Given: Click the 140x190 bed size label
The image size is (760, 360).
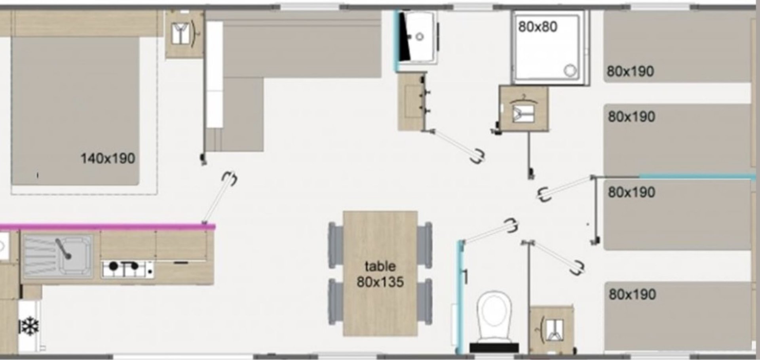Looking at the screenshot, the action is (108, 159).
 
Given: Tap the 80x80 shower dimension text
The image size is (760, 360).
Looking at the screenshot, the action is (538, 27).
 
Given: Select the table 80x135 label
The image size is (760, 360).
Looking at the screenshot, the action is (380, 274).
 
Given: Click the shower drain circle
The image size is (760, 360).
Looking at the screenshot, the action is (570, 70).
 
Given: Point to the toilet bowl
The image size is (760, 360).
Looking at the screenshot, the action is (494, 316).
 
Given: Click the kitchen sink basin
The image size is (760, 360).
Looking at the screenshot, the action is (58, 256).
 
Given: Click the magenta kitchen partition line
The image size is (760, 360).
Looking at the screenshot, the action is (107, 227).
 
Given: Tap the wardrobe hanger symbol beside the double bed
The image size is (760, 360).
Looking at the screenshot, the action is (184, 33).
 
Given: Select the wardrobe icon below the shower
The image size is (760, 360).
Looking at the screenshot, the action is (523, 109).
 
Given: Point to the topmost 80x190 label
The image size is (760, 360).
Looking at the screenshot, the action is (630, 71).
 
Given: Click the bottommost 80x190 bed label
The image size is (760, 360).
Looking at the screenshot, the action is (632, 294).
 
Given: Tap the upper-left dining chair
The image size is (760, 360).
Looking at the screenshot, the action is (336, 245).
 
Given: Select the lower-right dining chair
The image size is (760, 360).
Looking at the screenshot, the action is (425, 302).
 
